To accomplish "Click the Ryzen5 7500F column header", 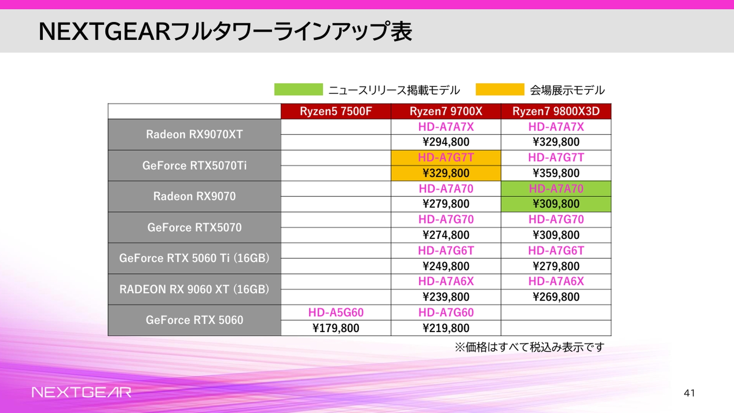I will pyautogui.click(x=336, y=111).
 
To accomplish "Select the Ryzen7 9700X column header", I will pyautogui.click(x=446, y=111).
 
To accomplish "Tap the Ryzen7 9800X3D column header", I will pyautogui.click(x=556, y=111).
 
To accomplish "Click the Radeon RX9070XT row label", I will pyautogui.click(x=194, y=134).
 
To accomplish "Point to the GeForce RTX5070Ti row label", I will pyautogui.click(x=194, y=166).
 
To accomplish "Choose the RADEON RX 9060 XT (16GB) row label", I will pyautogui.click(x=194, y=289).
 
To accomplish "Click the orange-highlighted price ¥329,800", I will pyautogui.click(x=446, y=173).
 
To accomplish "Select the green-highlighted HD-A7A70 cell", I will pyautogui.click(x=556, y=189).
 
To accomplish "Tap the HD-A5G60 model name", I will pyautogui.click(x=336, y=312).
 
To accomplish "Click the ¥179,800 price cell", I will pyautogui.click(x=336, y=328).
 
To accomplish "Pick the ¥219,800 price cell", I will pyautogui.click(x=446, y=328).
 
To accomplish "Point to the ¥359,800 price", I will pyautogui.click(x=556, y=173).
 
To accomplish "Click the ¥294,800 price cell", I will pyautogui.click(x=446, y=142).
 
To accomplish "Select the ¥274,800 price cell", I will pyautogui.click(x=446, y=235).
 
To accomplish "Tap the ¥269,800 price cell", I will pyautogui.click(x=556, y=297).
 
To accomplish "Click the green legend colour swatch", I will pyautogui.click(x=299, y=89).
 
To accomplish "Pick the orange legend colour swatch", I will pyautogui.click(x=500, y=89).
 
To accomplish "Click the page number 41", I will pyautogui.click(x=689, y=393).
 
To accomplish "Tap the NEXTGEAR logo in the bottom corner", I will pyautogui.click(x=81, y=392).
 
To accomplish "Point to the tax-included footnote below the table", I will pyautogui.click(x=529, y=347).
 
